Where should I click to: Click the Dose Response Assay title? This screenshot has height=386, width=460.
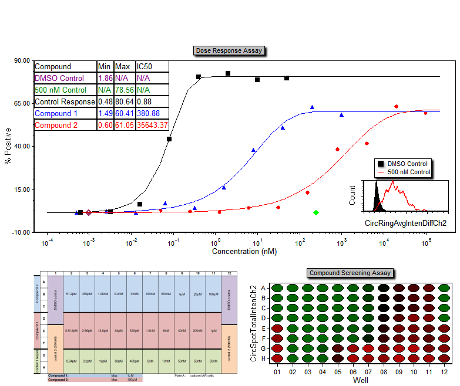click(x=229, y=51)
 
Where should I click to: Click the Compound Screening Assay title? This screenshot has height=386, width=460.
click(x=351, y=273)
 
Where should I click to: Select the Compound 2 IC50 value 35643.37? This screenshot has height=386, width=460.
click(x=152, y=125)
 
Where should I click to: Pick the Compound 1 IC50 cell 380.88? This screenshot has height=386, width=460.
click(x=148, y=113)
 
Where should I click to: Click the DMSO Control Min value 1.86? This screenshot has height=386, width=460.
click(x=105, y=78)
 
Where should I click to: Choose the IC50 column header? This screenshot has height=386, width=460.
click(x=145, y=66)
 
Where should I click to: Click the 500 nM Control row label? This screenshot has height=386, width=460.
click(x=61, y=90)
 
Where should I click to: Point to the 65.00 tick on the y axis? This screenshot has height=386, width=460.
click(x=22, y=103)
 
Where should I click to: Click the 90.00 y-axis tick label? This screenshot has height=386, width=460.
click(x=22, y=60)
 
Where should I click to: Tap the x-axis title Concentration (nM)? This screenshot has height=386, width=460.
click(x=243, y=251)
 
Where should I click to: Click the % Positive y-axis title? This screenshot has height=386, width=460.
click(x=8, y=146)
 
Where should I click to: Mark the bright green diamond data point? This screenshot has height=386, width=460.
click(x=316, y=212)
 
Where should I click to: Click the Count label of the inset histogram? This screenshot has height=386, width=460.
click(x=352, y=195)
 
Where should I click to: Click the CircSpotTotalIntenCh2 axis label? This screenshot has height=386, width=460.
click(x=253, y=323)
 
